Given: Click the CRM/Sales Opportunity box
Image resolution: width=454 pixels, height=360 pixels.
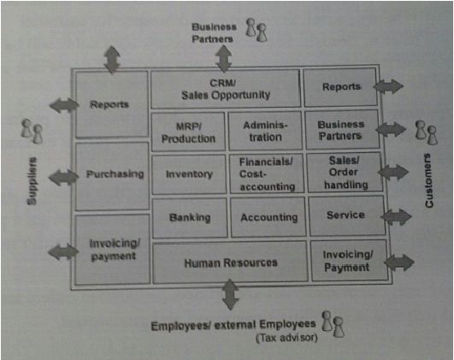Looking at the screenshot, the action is coord(226,89).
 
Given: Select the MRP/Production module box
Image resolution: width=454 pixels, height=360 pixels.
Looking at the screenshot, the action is coord(188,132).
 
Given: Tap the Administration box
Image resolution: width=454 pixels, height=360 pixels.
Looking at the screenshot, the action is coord(266,131).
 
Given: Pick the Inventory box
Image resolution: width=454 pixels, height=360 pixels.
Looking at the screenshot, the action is coord(189,174).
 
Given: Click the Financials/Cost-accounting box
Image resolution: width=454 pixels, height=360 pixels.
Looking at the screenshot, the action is coord(267,174).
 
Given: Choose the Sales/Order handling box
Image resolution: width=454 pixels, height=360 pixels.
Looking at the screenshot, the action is coord(345,173).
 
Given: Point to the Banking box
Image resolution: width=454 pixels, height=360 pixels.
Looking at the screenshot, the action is coord(190,218).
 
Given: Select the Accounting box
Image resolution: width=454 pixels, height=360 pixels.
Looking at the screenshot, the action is coord(268,217).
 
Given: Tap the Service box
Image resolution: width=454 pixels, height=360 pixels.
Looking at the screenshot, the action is coord(346,216).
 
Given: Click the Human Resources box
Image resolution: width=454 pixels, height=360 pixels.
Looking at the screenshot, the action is coord(230,263).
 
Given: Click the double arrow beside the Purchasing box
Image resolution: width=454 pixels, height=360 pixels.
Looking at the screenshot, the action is coord(64,177).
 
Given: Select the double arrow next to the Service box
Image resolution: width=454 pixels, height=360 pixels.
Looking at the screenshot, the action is coord(397,216).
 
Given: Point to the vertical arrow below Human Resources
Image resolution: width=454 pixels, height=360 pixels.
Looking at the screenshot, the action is coord(231,294).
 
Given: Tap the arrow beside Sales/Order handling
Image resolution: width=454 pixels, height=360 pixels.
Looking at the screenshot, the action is coord(393,173).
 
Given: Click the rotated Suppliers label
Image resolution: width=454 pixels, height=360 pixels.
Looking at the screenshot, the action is coord(32,181).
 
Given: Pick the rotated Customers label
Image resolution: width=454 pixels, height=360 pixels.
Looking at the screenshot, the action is coord(429,180).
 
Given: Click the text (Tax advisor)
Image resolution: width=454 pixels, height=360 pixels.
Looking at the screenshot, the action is coord(286,338).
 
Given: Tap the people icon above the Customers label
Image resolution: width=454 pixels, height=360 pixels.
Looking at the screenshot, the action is coord(427,133).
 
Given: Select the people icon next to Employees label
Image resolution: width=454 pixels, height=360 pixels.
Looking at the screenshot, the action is coord(333,324).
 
